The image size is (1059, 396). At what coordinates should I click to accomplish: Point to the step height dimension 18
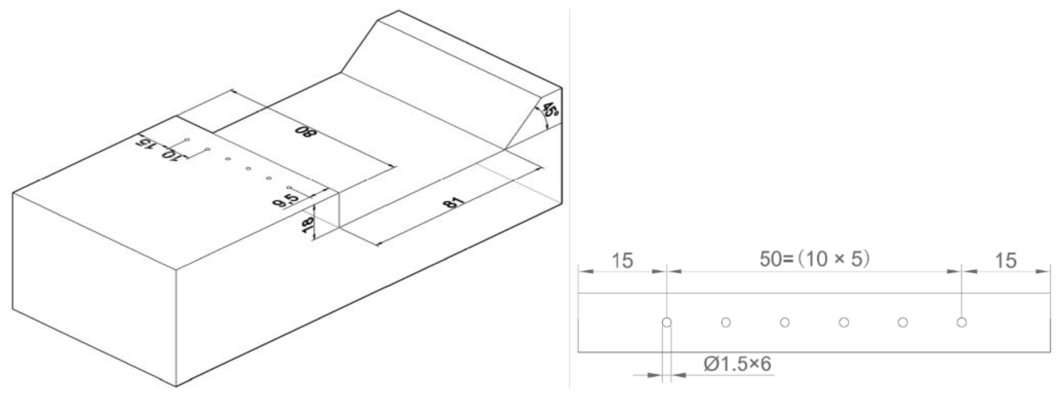[x=307, y=225]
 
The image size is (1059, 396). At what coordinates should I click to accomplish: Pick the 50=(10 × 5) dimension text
[x=814, y=259]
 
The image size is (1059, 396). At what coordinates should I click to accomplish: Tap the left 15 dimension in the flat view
[x=622, y=261]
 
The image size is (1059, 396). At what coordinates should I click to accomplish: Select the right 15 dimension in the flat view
[x=1006, y=261]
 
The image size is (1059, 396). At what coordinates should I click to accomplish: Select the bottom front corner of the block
[x=176, y=386]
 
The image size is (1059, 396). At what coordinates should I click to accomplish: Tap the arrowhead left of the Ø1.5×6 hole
[x=654, y=375]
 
